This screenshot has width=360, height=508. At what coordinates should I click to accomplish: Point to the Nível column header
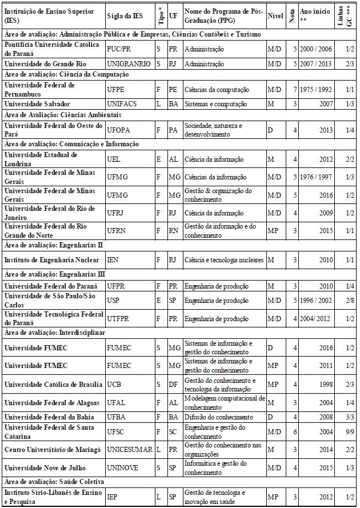(275, 16)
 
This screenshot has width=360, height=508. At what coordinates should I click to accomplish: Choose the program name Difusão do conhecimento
(219, 417)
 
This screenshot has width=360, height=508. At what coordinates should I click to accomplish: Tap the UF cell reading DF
(173, 384)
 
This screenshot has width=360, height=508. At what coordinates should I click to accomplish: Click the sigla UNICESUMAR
(130, 450)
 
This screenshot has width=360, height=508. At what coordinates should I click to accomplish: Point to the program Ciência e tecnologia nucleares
(224, 261)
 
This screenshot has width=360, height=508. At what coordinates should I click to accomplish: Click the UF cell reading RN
(173, 230)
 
